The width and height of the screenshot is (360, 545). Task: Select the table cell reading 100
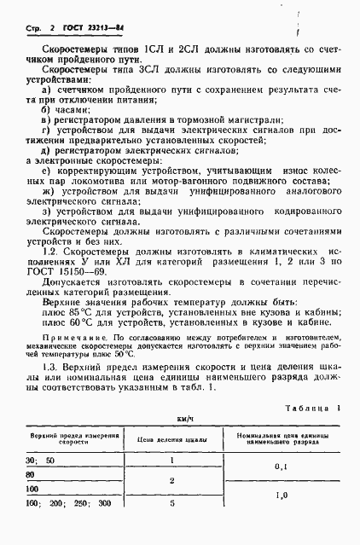click(x=33, y=489)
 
